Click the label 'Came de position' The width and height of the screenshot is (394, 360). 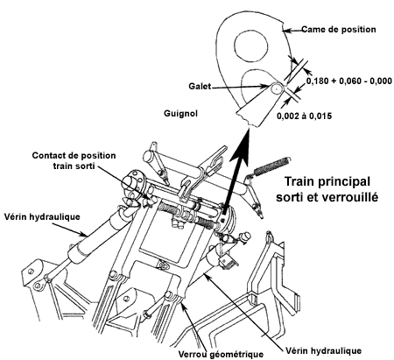click(339, 30)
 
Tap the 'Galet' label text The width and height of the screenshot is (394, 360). click(200, 87)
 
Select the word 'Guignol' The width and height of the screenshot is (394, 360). click(180, 113)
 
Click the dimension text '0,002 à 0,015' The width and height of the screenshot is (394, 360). click(305, 116)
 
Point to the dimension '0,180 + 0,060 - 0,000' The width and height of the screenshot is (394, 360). click(348, 81)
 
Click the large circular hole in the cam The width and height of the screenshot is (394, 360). click(251, 46)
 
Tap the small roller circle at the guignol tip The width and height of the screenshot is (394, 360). click(276, 88)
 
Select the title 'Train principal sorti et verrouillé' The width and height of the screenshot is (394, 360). click(327, 189)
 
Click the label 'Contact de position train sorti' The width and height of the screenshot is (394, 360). click(74, 160)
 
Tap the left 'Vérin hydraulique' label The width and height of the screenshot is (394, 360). click(42, 217)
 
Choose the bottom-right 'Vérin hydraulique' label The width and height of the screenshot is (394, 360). click(324, 350)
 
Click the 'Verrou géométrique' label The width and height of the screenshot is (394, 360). click(221, 354)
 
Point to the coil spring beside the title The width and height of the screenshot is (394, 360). click(271, 166)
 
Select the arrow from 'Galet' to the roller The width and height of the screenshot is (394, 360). click(240, 87)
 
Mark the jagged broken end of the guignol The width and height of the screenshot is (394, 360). click(248, 120)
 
